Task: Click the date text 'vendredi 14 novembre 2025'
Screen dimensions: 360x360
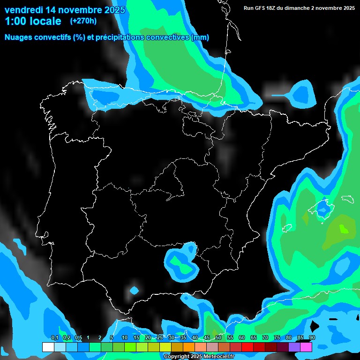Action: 65,10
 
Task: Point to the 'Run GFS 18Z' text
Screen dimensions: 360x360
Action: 262,8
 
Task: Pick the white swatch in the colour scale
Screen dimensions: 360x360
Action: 48,347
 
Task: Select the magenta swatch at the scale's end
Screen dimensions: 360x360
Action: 306,347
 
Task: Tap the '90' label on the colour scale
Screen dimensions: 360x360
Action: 312,337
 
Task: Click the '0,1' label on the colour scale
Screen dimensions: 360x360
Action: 54,337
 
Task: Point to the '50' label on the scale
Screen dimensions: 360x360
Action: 218,337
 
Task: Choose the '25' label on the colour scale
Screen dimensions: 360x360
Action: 159,337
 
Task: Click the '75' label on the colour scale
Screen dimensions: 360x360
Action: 277,337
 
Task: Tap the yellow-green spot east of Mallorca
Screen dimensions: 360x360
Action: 344,229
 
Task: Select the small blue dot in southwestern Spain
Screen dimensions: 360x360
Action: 135,290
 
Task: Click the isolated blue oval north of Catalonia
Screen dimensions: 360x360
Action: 300,94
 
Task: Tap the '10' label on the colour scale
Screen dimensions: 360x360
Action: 124,337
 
